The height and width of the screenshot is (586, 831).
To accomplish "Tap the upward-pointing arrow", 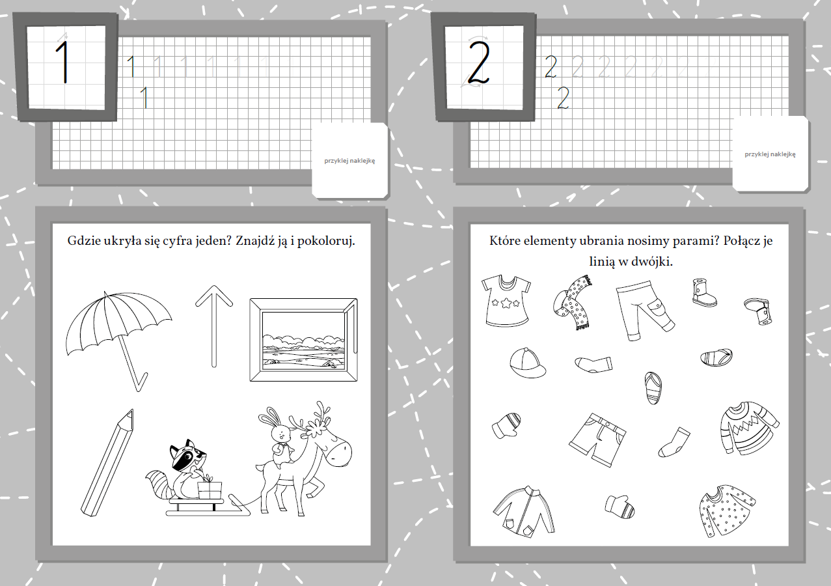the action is (x=214, y=327).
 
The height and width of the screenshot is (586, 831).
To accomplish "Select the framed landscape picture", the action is (x=303, y=340).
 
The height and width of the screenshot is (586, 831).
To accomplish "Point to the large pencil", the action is (x=107, y=462).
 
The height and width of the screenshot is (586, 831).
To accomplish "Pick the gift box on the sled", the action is (x=210, y=489).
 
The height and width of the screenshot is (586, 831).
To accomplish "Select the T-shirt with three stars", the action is (x=506, y=301).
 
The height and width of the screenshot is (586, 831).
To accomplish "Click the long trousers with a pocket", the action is (x=644, y=311).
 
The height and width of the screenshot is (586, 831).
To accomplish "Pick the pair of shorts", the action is (x=597, y=439).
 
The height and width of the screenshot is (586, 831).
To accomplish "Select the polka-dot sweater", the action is (x=726, y=510).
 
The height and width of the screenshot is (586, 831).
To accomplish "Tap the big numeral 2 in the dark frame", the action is (x=479, y=63).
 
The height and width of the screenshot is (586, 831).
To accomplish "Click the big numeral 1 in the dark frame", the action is (x=62, y=62).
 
